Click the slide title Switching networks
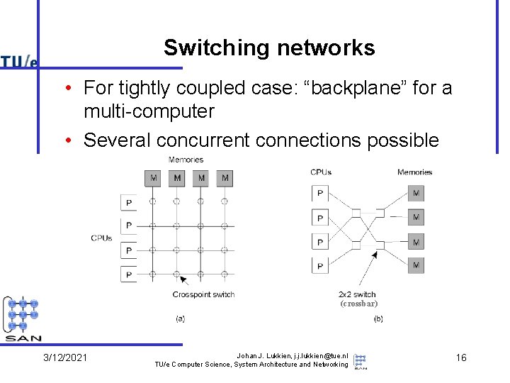coord(269,48)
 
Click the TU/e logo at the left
coord(19,62)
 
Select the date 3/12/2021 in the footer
coord(65,357)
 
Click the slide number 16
coord(461,357)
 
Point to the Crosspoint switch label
coord(203,294)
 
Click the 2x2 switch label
coord(357,294)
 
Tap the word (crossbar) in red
coord(358,304)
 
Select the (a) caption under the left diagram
coord(180,319)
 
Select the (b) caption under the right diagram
coord(378,319)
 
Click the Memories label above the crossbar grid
coord(186,160)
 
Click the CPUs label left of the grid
coord(101,238)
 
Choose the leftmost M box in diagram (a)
coord(153,178)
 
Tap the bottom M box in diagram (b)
coord(416,266)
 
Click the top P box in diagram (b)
coord(320,193)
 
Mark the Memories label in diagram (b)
coord(414,172)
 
